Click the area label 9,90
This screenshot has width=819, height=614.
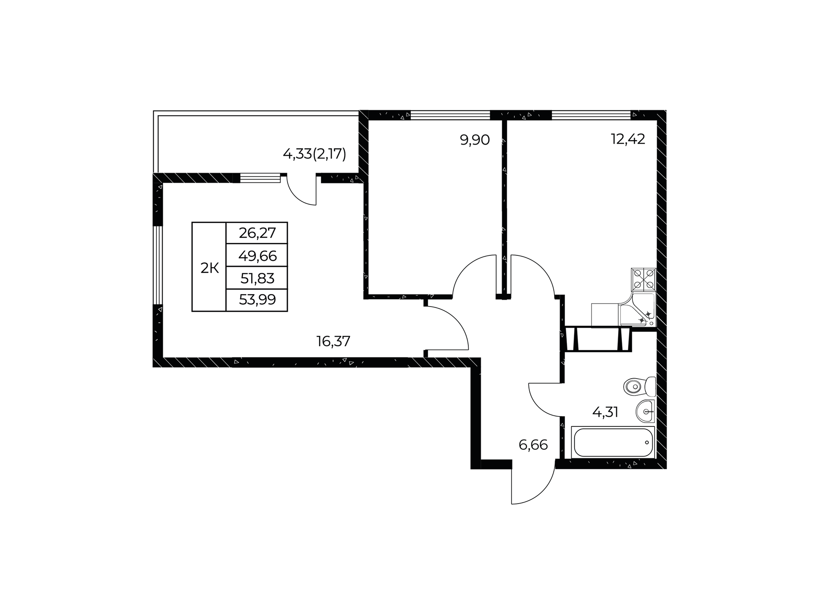474,140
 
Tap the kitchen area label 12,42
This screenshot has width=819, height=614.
628,139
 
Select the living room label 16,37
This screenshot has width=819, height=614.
333,341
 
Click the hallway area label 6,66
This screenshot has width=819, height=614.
533,445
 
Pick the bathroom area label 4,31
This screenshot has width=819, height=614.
605,412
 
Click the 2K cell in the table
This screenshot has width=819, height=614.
209,268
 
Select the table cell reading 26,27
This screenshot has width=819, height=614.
257,233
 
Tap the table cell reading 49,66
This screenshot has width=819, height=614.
257,256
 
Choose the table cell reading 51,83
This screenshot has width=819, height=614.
257,278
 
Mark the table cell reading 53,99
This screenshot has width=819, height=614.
257,300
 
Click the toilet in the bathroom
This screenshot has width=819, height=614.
639,387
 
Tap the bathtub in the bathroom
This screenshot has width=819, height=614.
613,442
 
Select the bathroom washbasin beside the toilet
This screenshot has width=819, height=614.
645,411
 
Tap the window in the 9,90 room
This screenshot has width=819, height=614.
450,115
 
